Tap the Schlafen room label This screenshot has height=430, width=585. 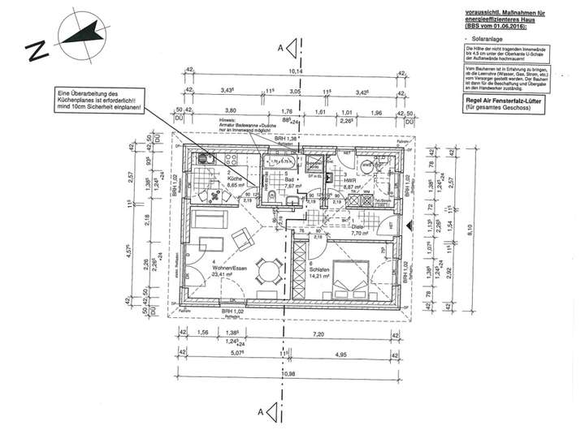tap(319, 269)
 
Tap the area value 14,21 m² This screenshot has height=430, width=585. tap(319, 276)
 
